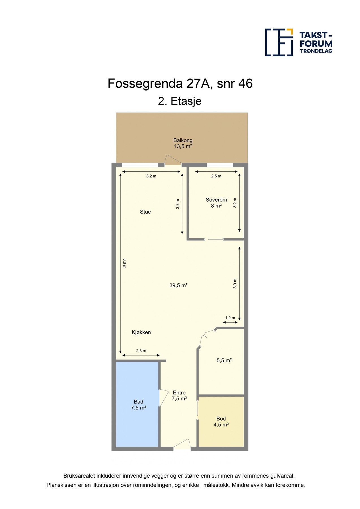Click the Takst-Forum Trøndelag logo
[x=298, y=42]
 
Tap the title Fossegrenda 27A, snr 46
[x=180, y=83]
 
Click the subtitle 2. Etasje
[x=180, y=101]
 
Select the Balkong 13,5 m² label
[x=183, y=143]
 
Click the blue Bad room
[x=138, y=404]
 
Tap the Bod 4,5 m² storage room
[x=221, y=421]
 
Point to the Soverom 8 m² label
[x=216, y=202]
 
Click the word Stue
[x=145, y=212]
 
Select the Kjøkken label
[x=141, y=332]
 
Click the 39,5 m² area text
[x=178, y=285]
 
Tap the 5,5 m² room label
[x=224, y=360]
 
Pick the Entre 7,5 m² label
[x=179, y=395]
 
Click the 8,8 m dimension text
[x=124, y=263]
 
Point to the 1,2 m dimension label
[x=230, y=318]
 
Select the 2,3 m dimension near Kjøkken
[x=141, y=351]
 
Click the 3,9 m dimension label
[x=235, y=284]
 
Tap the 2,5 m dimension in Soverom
[x=216, y=176]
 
